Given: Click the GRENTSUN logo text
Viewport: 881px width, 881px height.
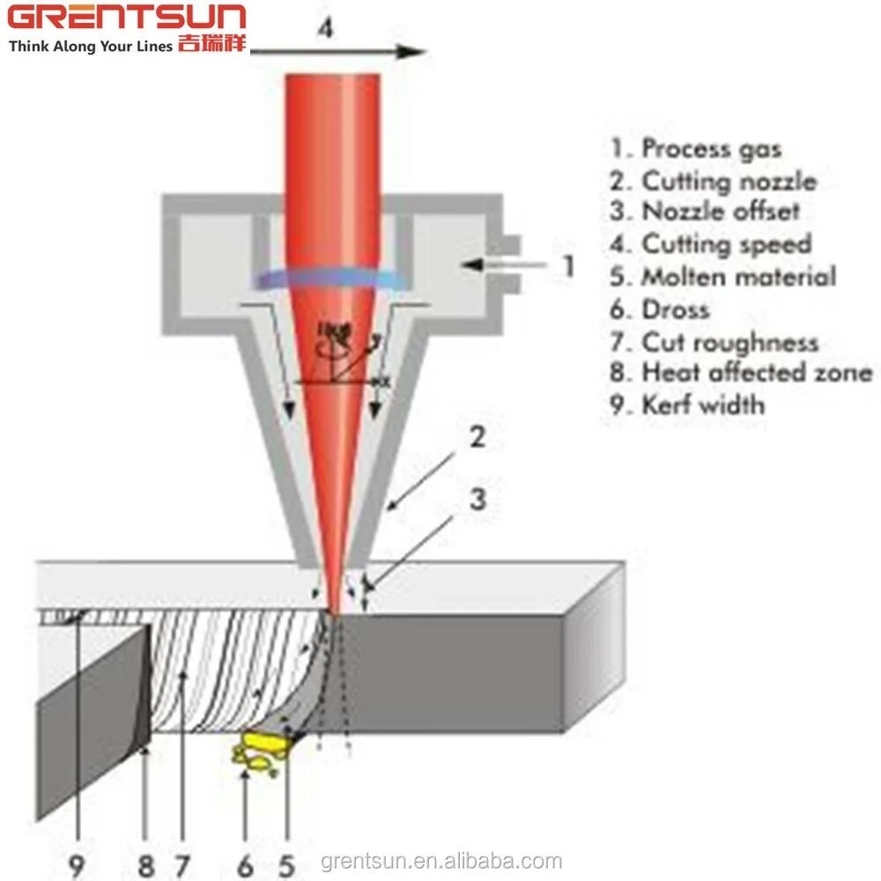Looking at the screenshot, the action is [x=128, y=19].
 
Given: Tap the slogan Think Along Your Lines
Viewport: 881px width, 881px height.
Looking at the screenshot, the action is [x=91, y=47].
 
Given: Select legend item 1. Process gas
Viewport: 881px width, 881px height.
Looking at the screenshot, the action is [x=696, y=149].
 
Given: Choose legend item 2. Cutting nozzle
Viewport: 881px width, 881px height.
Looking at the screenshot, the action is [x=714, y=181].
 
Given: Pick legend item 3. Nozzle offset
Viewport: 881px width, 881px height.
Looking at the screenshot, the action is [x=705, y=212].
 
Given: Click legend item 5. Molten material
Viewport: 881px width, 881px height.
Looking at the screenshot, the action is [x=722, y=277].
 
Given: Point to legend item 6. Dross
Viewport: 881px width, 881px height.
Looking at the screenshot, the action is [x=660, y=309].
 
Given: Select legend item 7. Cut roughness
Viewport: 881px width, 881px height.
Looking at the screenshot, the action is [x=714, y=342].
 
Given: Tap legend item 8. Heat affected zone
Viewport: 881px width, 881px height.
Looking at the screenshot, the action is [x=741, y=373].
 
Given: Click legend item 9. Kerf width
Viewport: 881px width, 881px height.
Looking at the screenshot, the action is [x=688, y=405].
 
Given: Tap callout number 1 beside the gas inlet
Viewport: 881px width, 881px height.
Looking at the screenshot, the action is [x=569, y=265].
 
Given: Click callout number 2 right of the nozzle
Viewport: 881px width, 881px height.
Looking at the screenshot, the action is [x=476, y=437].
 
